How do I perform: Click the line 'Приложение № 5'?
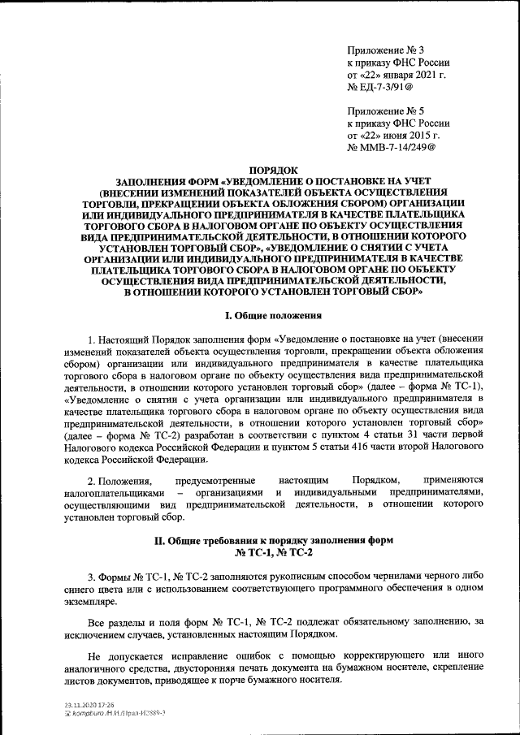click(x=386, y=110)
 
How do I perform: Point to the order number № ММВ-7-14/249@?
click(x=392, y=148)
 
